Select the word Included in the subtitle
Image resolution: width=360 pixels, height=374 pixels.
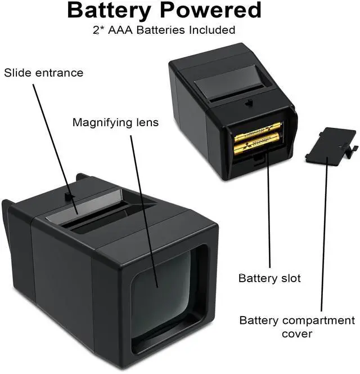click(x=212, y=29)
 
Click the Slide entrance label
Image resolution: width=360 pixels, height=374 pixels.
click(x=44, y=73)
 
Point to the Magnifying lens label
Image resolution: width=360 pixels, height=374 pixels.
click(x=115, y=122)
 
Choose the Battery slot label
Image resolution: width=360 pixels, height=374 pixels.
click(x=269, y=278)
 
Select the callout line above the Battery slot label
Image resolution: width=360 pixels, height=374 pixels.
click(x=269, y=214)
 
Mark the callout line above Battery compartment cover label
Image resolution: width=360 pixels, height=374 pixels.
click(x=325, y=237)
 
